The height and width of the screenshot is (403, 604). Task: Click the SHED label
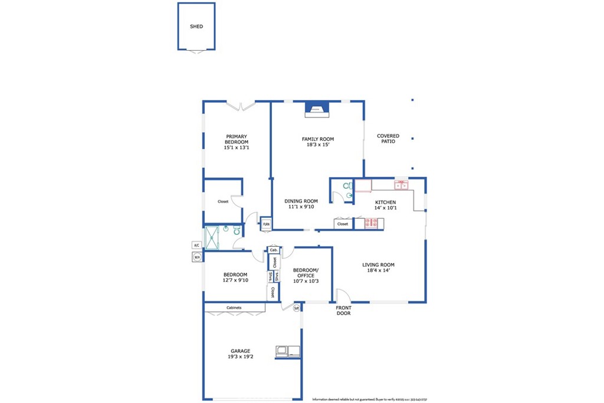(x=196, y=27)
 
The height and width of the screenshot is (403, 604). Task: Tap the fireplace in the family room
(x=317, y=108)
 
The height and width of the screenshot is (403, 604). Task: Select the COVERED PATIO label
(x=388, y=139)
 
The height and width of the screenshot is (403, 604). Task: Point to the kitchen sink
(x=402, y=185)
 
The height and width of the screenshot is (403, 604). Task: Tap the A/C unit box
(x=196, y=245)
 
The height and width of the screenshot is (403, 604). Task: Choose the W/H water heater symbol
(x=196, y=257)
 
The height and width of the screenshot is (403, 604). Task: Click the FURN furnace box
(x=267, y=224)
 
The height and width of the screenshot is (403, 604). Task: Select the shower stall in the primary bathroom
(x=213, y=237)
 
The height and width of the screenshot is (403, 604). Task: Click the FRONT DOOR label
(x=343, y=310)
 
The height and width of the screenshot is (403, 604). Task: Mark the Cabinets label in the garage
(x=234, y=307)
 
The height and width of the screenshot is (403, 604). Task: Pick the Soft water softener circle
(x=296, y=307)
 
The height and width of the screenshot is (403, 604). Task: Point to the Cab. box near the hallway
(x=273, y=250)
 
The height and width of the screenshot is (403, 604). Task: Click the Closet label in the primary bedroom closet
(x=223, y=202)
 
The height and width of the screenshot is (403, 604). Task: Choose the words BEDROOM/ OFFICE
(x=306, y=273)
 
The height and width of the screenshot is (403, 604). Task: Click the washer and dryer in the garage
(x=287, y=352)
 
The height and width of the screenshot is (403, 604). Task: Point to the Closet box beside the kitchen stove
(x=343, y=224)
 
